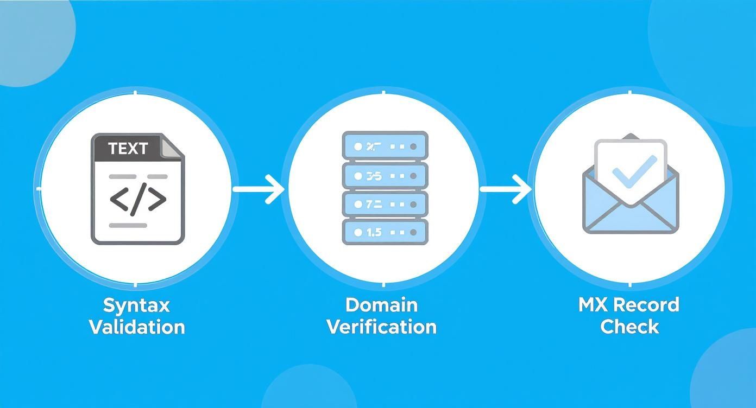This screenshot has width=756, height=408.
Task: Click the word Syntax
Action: pos(136,306)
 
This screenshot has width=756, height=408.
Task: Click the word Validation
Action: pos(137,328)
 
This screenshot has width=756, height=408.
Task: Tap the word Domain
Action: pos(382,305)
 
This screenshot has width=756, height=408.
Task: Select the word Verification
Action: pos(382,327)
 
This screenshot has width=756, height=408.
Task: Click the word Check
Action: pos(629,327)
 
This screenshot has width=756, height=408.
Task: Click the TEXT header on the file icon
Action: pos(128,149)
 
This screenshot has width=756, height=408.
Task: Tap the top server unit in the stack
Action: pos(385,146)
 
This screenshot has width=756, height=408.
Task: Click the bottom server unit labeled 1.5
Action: pos(385,232)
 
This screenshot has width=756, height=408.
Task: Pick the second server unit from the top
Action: pos(385,175)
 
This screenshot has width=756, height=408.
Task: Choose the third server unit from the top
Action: pos(385,204)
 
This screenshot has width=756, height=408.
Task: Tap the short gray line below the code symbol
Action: pos(128,225)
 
